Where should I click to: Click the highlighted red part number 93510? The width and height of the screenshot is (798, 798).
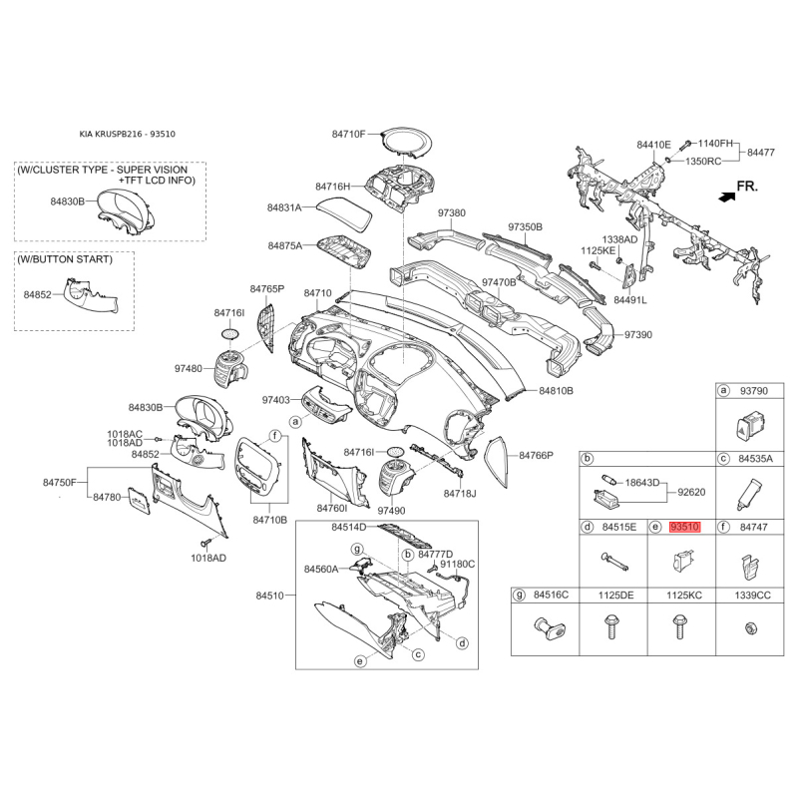point(684,527)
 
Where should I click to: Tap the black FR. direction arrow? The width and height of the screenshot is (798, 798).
point(727,197)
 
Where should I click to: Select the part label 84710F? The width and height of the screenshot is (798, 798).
point(348,134)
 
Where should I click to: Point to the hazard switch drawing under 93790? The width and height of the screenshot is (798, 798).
point(752,427)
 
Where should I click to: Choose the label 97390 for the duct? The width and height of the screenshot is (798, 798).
point(638,335)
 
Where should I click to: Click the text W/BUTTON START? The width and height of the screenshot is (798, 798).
point(65,259)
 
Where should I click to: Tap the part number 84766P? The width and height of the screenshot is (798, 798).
point(536,455)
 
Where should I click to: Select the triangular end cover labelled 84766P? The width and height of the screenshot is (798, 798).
point(497,461)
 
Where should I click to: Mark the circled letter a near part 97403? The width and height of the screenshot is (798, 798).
point(295,421)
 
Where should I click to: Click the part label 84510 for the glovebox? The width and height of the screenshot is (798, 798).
point(269,596)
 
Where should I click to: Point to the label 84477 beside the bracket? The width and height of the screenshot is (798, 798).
point(761,153)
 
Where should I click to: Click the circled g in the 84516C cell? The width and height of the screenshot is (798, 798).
point(519,595)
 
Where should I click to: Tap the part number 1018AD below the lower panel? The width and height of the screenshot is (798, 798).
point(208,558)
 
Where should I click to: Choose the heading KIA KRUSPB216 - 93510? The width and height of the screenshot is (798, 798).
point(128,135)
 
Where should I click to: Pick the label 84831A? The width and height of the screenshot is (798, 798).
point(284,207)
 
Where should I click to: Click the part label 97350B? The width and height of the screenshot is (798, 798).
point(526,227)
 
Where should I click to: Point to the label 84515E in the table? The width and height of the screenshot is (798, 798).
point(619,527)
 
